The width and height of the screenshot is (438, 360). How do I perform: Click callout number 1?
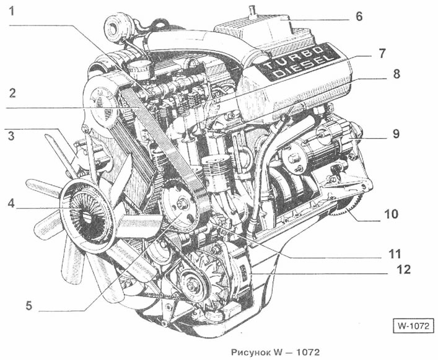(12, 12)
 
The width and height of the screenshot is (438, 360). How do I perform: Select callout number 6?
(359, 17)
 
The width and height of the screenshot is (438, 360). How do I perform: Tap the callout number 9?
(396, 134)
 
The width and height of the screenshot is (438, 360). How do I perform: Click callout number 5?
(29, 305)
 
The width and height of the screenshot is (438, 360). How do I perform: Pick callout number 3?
(11, 136)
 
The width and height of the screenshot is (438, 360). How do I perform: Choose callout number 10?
(391, 214)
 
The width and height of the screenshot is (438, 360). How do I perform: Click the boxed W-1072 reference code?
(414, 326)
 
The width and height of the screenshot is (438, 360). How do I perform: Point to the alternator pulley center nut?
(191, 286)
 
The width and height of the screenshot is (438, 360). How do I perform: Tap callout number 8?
(396, 74)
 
